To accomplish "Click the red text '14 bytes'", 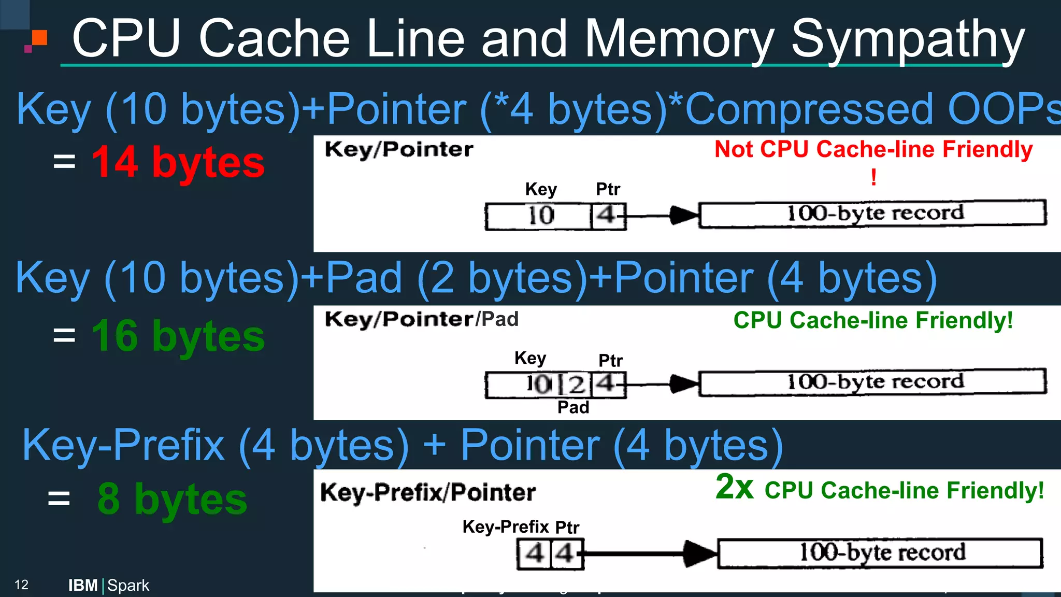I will pos(178,163).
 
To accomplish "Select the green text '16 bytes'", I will pos(178,336).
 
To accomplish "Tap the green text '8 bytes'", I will pos(172,499).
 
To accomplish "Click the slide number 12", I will pos(21,585).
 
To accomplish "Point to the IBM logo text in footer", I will pos(83,586).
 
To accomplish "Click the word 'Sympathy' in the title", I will pos(907,39).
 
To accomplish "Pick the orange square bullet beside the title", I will pos(39,38).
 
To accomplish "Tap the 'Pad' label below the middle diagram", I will pos(573,407).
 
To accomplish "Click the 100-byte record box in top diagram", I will pos(873,214).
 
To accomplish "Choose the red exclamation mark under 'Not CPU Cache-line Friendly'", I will pos(873,178).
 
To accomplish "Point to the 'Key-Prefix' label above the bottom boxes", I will pos(505,527).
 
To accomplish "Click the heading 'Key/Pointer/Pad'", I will pos(421,319).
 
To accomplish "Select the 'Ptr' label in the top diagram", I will pos(608,189).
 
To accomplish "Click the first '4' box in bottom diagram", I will pos(535,554).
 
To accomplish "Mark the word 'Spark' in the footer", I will pos(128,586).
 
